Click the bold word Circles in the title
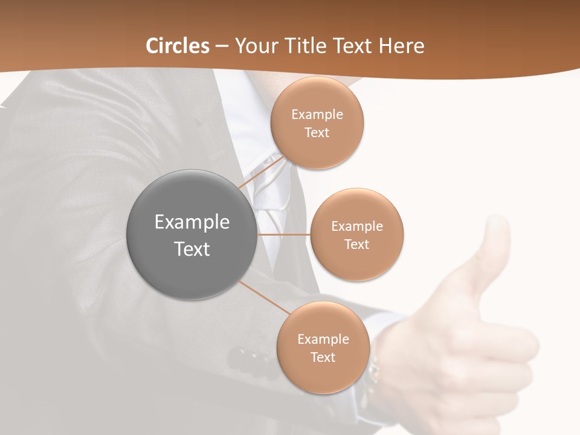coord(178,46)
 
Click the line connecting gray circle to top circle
coord(261,172)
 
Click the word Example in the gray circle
coord(192,222)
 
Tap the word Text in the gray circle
coord(192,249)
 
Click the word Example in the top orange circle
coord(317,115)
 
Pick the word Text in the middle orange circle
coord(356,245)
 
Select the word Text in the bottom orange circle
coord(323,358)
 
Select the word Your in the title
coord(254,46)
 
